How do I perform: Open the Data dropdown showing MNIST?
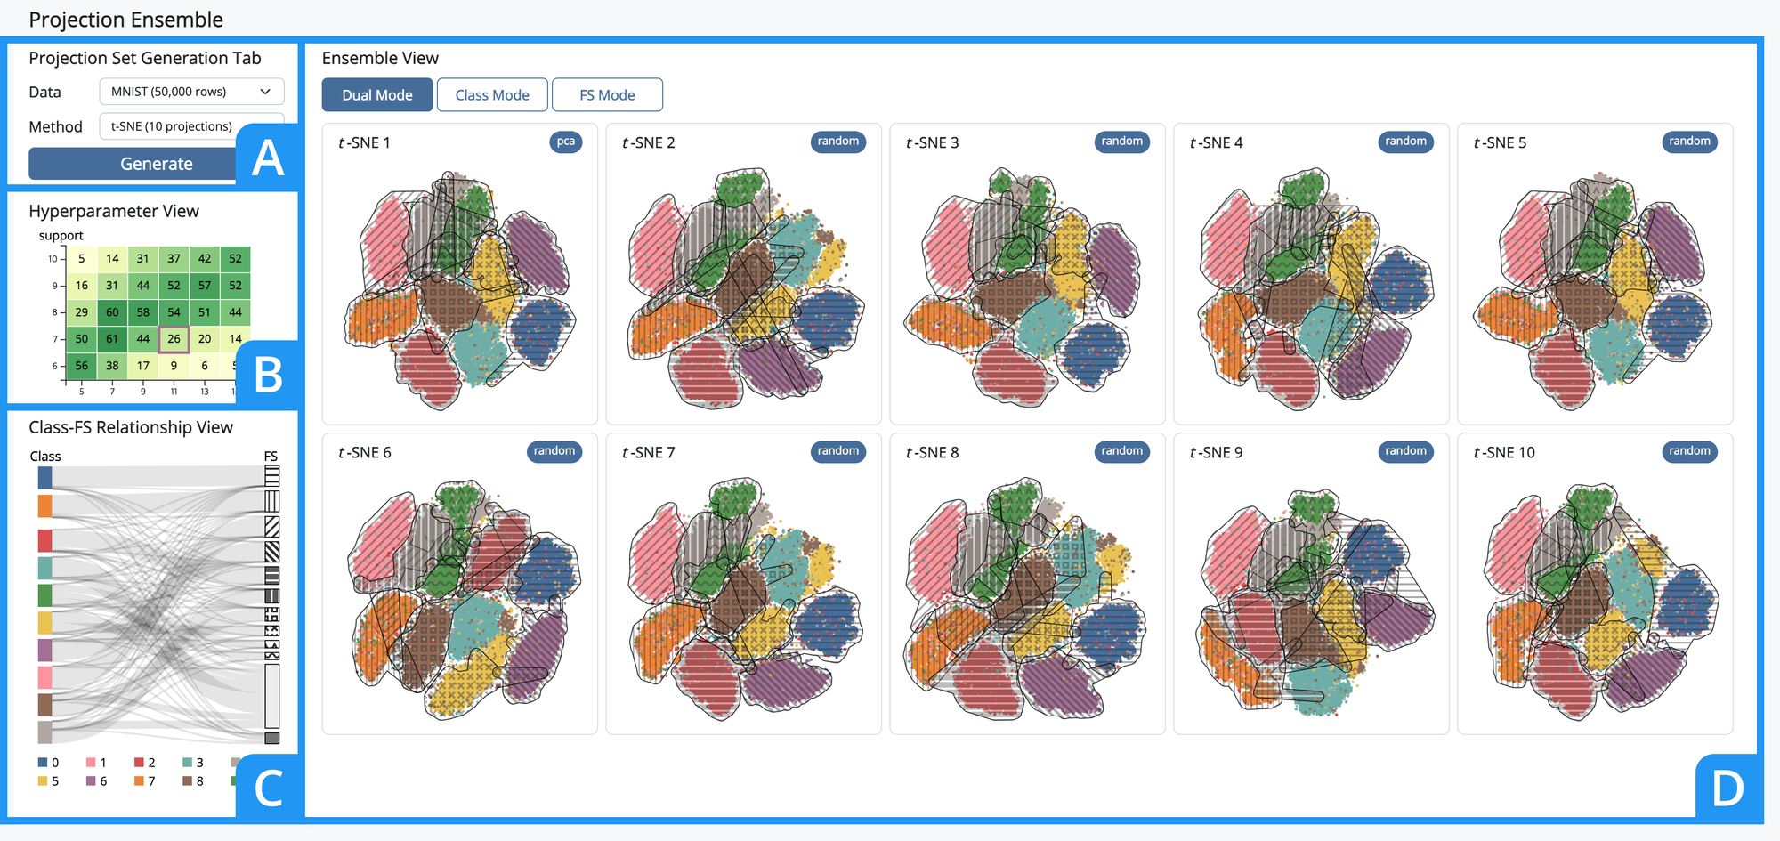click(191, 92)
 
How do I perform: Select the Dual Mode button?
click(377, 95)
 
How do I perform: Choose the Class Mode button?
click(492, 95)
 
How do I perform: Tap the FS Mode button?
click(607, 95)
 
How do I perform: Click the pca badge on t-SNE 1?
click(566, 142)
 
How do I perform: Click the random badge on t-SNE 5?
click(1689, 142)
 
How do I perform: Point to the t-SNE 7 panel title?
click(649, 452)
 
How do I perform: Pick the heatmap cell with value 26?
click(174, 338)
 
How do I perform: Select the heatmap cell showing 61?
click(112, 338)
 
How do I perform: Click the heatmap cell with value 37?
click(174, 259)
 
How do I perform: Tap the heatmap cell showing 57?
click(205, 286)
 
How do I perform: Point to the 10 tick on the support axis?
click(53, 259)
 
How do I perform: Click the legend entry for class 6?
click(97, 781)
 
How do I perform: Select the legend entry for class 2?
click(145, 763)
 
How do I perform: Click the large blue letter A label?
click(268, 158)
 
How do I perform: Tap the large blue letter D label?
click(1727, 788)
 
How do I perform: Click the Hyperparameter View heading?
click(114, 211)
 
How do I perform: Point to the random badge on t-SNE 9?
click(1405, 451)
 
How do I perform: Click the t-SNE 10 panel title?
click(1504, 452)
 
